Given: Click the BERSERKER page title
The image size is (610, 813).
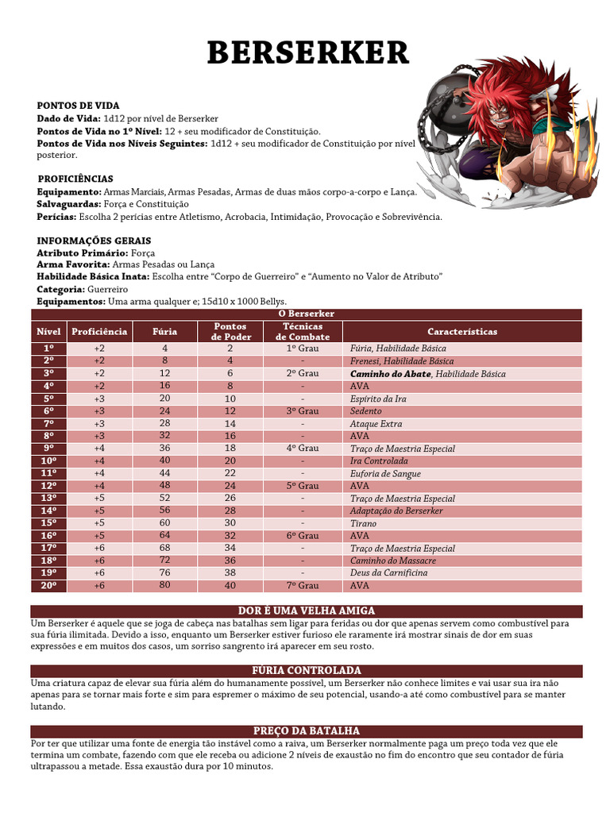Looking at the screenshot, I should point(307,52).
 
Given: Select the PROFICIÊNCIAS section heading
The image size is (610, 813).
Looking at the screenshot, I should point(75,179).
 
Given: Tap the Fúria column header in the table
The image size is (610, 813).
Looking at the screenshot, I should point(164,331).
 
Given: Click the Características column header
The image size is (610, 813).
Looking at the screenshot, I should point(461,331).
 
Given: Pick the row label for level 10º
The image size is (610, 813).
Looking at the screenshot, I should point(48,460).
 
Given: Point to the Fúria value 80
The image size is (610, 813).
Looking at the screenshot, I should point(164,586).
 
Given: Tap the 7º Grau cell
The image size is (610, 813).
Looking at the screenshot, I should point(303,586).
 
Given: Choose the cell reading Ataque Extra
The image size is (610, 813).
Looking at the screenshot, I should point(376,423).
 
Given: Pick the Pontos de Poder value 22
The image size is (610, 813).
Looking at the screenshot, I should point(230,473).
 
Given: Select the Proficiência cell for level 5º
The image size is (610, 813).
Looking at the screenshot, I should point(98,399).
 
